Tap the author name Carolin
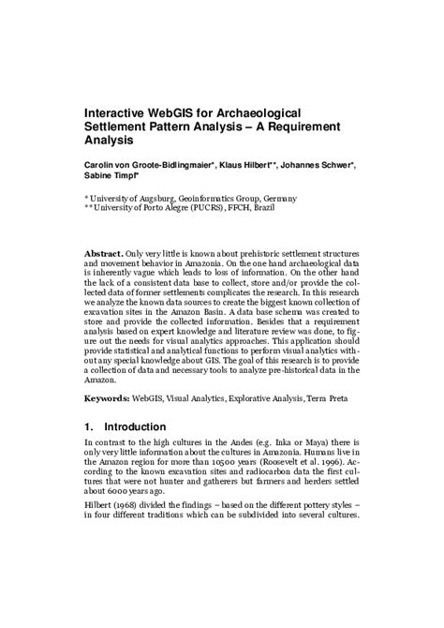[x=100, y=166]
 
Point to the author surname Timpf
[x=130, y=176]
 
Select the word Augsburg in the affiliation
[x=154, y=199]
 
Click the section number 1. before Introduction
[x=89, y=426]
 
